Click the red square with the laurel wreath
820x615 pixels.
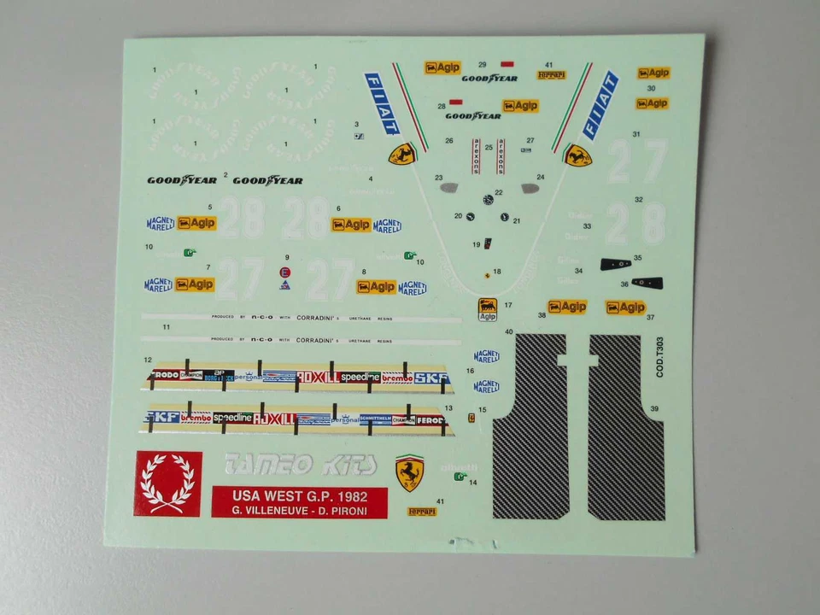coord(168,483)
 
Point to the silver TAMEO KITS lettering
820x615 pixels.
coord(298,465)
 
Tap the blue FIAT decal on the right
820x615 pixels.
coord(600,105)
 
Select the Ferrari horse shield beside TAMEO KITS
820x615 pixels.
coord(410,472)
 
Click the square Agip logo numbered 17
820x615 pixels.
coord(487,308)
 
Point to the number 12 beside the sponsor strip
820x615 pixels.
coord(148,360)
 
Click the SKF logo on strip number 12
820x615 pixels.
coord(431,377)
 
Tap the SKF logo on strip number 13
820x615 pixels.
coord(162,417)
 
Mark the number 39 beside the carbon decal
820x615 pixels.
coord(654,409)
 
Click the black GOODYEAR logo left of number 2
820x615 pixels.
coord(182,180)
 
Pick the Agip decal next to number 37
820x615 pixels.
coord(625,307)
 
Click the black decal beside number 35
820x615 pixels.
coord(615,263)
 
